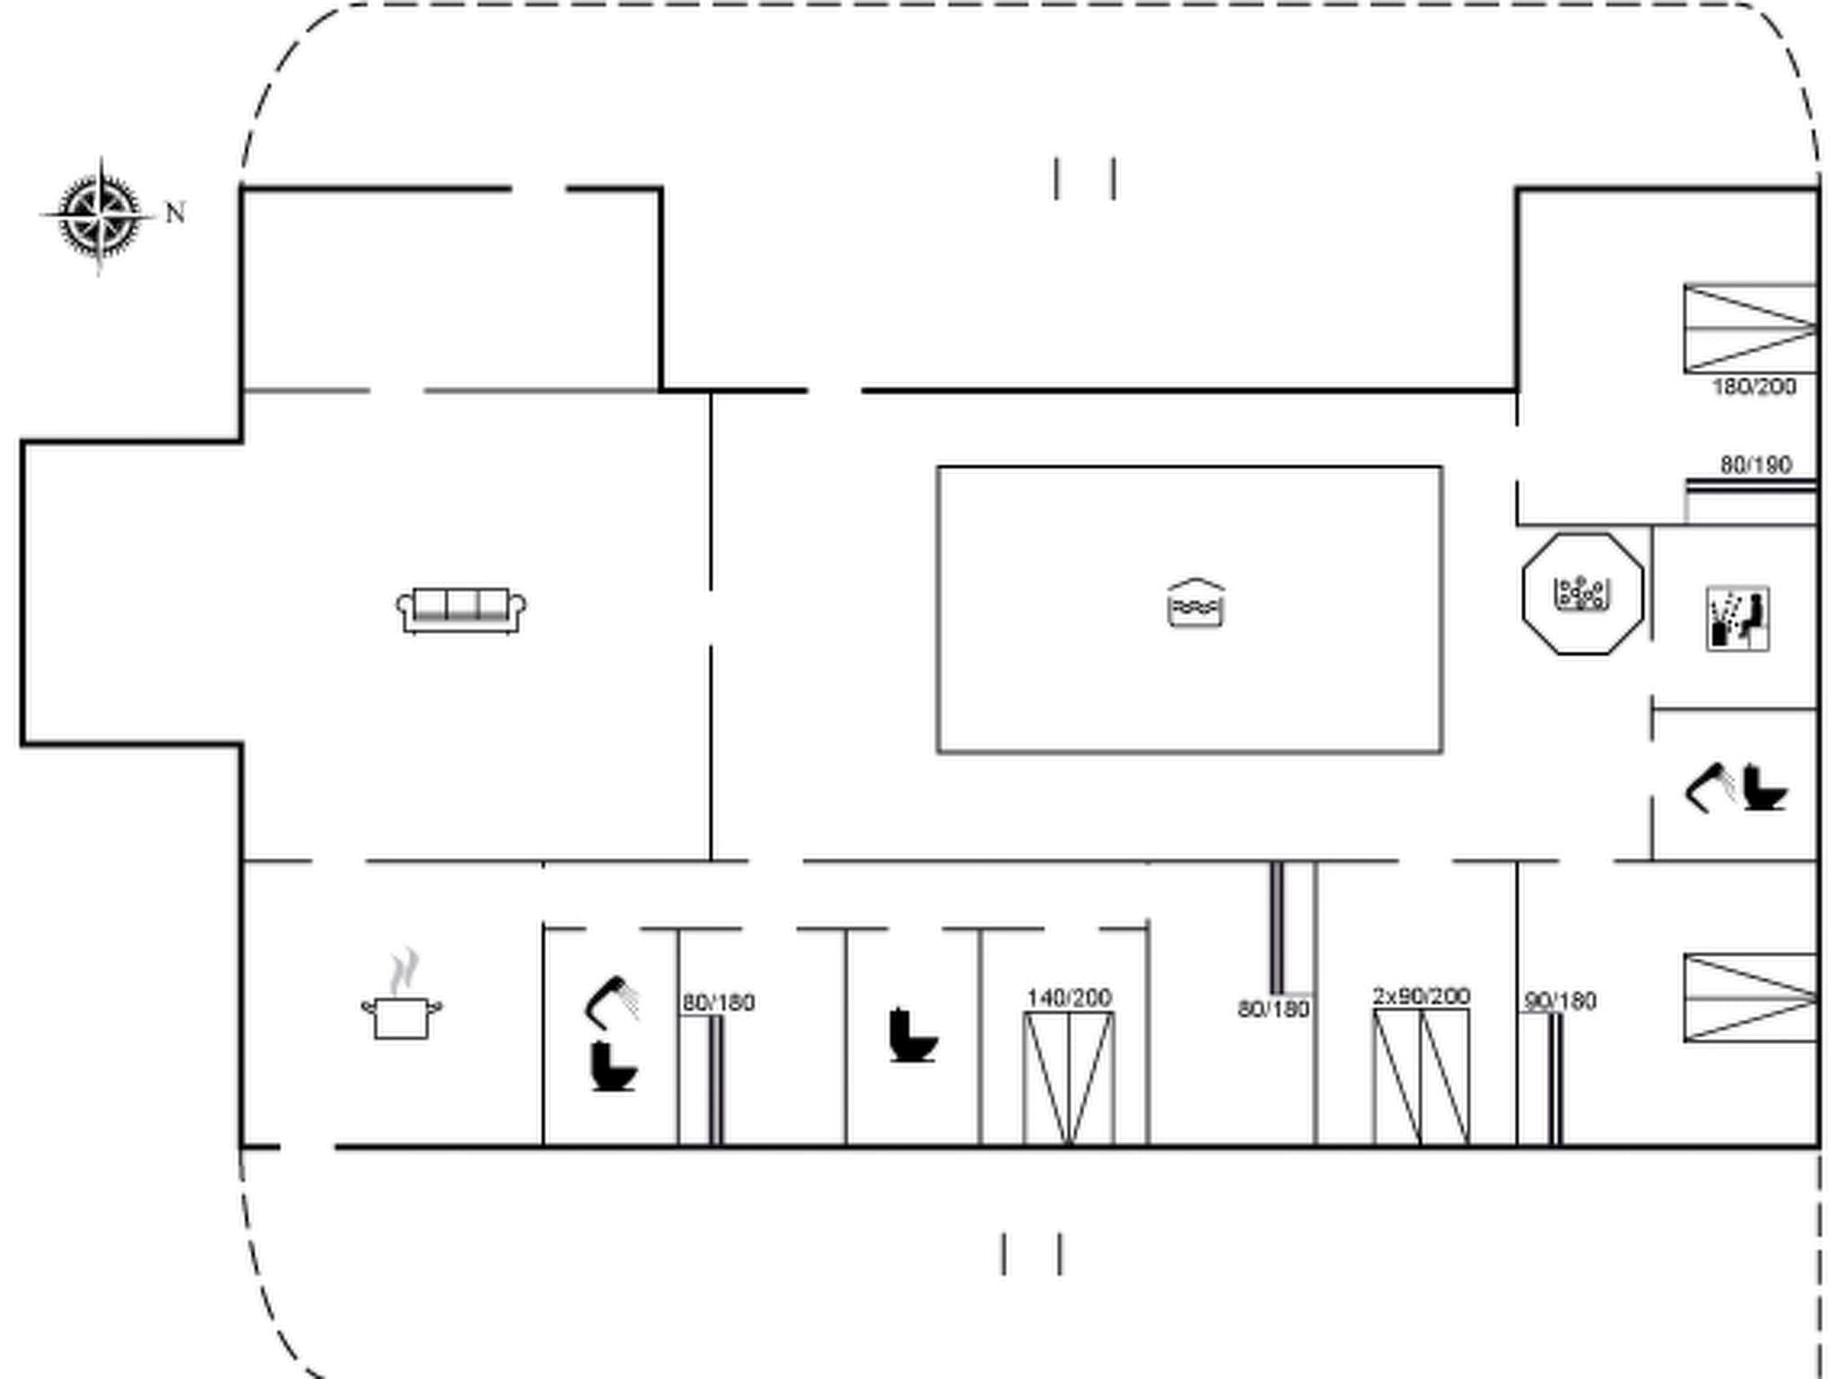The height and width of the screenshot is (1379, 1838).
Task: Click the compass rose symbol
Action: [100, 215]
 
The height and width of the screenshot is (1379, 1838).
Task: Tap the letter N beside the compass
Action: [176, 214]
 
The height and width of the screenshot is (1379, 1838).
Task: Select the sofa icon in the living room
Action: [461, 610]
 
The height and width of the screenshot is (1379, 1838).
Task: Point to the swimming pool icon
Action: [1195, 603]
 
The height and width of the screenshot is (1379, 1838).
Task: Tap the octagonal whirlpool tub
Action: [1583, 593]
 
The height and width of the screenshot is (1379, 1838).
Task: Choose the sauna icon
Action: [1737, 619]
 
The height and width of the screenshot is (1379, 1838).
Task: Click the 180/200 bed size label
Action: [1754, 387]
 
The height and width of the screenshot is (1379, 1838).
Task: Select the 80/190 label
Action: [1755, 465]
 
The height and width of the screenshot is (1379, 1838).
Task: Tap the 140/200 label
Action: [1069, 997]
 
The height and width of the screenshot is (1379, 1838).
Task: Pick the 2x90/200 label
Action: [1421, 996]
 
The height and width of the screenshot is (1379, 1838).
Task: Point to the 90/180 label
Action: [1561, 1001]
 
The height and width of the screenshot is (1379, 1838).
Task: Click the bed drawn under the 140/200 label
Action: [1069, 1077]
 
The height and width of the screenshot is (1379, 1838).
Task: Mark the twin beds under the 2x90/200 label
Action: [1422, 1076]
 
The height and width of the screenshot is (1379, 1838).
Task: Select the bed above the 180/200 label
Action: [1750, 329]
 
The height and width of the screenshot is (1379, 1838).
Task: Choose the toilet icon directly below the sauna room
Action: [1764, 788]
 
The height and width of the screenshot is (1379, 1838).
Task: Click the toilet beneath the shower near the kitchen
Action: [614, 1067]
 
